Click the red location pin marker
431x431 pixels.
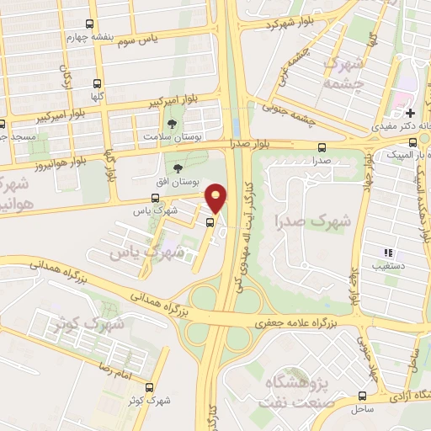tap(216, 198)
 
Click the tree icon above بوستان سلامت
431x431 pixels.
tap(173, 124)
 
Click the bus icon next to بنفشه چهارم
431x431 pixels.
tap(90, 25)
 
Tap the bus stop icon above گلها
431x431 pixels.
tap(98, 84)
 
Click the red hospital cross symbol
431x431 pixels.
tap(410, 113)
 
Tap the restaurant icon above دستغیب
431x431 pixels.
tap(389, 253)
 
